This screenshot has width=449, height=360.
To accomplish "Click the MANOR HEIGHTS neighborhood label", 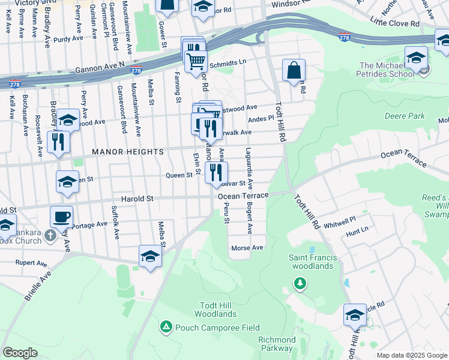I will (x=127, y=152).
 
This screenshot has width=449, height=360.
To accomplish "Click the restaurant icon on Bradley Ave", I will (x=58, y=142).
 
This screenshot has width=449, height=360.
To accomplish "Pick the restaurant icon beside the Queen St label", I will (x=216, y=172).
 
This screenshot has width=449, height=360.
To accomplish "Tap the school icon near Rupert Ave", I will (x=150, y=256).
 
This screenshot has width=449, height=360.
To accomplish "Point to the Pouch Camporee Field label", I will (x=217, y=328).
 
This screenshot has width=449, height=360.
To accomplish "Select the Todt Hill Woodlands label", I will (x=214, y=309).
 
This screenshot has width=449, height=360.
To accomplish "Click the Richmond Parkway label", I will (x=277, y=344).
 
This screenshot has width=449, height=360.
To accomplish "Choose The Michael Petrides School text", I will (x=387, y=70).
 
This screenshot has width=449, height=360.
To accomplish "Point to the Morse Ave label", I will (x=247, y=248).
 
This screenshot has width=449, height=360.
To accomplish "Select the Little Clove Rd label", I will (x=394, y=23).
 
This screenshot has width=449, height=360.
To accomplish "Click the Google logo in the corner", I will (x=20, y=353).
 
